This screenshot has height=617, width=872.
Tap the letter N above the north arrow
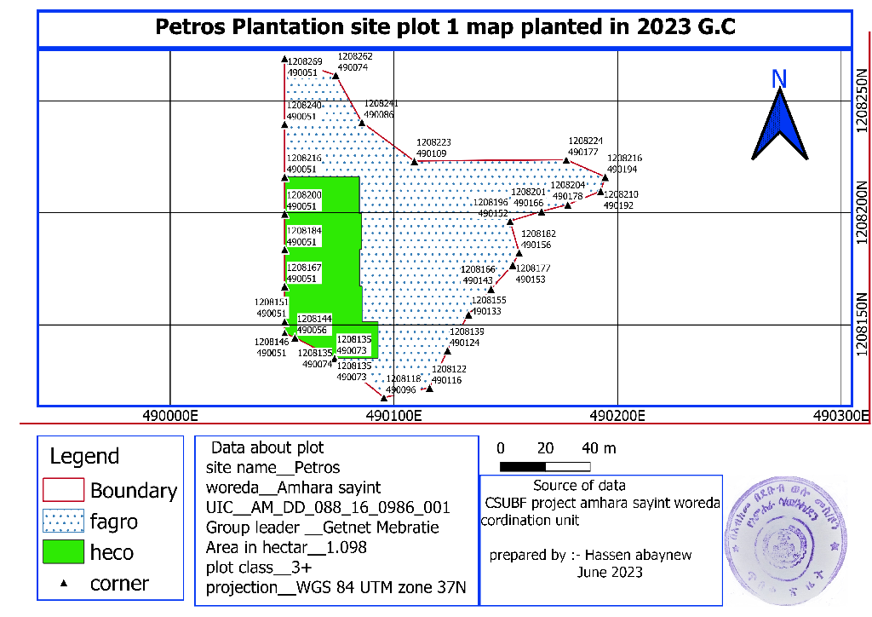tap(778, 78)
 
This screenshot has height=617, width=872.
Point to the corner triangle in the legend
tap(64, 584)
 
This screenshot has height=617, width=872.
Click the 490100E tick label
tap(396, 417)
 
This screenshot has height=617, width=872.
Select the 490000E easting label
tap(170, 417)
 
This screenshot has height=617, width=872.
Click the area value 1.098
tap(347, 547)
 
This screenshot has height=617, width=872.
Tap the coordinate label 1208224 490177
tap(585, 146)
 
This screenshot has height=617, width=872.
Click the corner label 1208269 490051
tap(305, 67)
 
